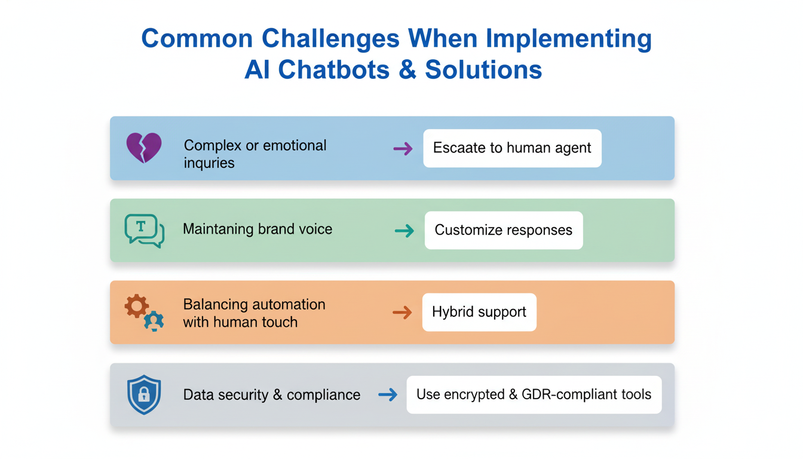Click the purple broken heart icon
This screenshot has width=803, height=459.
click(144, 148)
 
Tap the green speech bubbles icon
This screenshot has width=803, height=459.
click(144, 231)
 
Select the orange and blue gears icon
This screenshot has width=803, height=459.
click(144, 313)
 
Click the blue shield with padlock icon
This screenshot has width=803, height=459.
click(144, 394)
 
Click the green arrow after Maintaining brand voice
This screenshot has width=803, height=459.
click(404, 231)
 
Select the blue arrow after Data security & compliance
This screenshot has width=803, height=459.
click(388, 394)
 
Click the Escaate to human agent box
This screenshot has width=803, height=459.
click(512, 148)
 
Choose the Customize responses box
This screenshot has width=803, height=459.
click(503, 230)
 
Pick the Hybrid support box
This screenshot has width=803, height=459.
click(479, 312)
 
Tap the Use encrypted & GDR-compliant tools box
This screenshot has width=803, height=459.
click(534, 394)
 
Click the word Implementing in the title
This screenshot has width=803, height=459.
click(569, 39)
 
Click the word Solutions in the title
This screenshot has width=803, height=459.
click(483, 69)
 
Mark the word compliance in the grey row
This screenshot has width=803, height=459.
click(323, 395)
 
